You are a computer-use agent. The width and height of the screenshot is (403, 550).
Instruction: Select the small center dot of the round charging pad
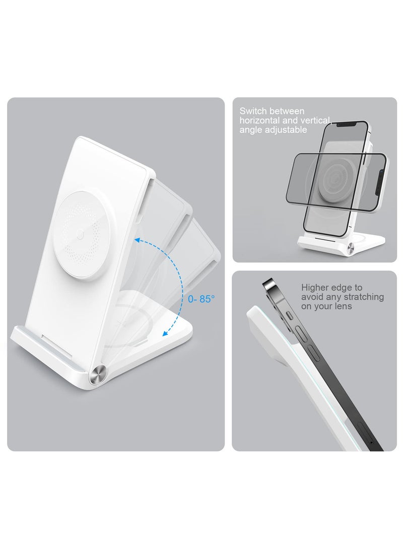(81, 234)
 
